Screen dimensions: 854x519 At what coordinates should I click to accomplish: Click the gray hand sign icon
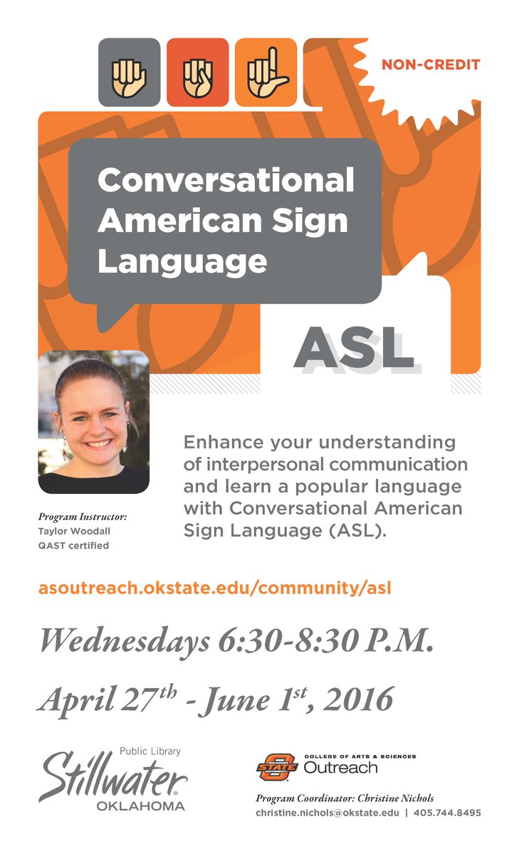coord(129,72)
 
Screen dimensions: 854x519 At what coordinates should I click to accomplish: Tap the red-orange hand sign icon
coord(197,72)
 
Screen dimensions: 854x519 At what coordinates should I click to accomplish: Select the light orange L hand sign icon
coord(266,72)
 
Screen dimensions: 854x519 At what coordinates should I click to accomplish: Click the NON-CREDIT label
coord(430,65)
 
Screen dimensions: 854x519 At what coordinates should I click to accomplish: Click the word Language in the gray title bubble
coord(182,261)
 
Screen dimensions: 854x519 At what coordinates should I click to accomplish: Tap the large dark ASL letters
coord(354,348)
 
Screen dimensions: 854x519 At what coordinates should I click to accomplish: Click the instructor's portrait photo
coord(93,421)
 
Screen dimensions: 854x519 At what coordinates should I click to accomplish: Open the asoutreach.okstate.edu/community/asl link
coord(215,589)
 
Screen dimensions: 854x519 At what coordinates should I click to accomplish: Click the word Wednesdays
coord(122,643)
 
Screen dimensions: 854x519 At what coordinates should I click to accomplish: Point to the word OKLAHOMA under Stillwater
coord(140,806)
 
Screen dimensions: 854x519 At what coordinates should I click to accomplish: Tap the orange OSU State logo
coord(276,767)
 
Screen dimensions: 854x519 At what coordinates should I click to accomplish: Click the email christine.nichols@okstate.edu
coord(327,813)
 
